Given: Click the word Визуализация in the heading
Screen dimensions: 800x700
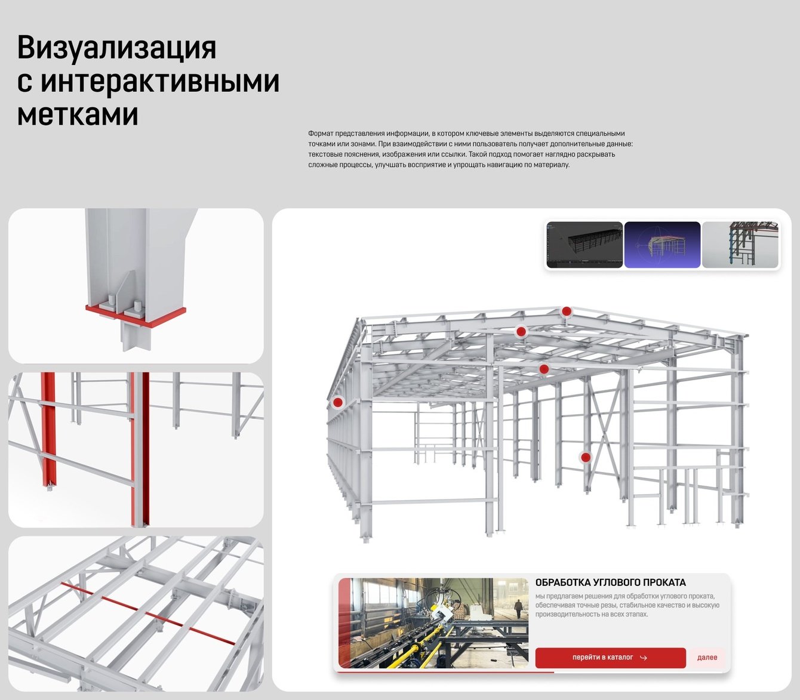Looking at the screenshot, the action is click(x=116, y=48).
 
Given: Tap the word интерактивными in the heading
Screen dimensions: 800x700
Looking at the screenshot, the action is click(x=160, y=81).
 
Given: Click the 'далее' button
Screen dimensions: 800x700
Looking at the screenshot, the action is click(x=707, y=658).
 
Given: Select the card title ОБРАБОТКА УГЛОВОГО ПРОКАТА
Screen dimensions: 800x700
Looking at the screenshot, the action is click(x=610, y=583).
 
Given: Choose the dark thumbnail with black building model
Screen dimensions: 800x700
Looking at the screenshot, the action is click(x=584, y=245).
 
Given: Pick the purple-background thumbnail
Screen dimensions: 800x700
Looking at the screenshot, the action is click(x=662, y=245).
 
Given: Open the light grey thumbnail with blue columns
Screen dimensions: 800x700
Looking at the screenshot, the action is click(x=740, y=245).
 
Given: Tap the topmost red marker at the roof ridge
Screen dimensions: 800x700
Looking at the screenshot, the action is click(x=566, y=312).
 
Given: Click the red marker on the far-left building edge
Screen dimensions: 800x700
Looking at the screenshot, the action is click(x=338, y=402).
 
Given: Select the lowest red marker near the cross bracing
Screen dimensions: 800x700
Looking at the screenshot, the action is click(x=585, y=457).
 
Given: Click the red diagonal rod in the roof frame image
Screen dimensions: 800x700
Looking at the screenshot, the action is click(x=148, y=613).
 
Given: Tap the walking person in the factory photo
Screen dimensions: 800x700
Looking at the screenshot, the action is click(x=518, y=609).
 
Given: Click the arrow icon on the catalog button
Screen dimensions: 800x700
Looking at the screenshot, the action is click(x=643, y=658).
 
